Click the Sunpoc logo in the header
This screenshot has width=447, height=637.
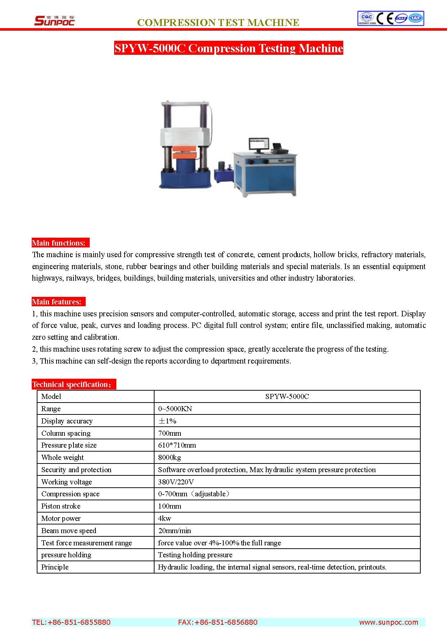(54, 20)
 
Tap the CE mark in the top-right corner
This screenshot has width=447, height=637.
(384, 18)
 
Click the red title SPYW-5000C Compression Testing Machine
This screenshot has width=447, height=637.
(228, 48)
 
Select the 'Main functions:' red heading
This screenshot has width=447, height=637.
(59, 243)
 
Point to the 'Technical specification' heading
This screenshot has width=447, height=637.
(73, 384)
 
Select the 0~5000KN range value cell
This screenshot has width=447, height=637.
(175, 409)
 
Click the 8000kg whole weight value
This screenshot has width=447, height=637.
(169, 457)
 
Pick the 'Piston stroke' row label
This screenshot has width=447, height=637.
(61, 506)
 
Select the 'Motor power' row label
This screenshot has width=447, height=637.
(61, 518)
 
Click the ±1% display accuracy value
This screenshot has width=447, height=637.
(167, 421)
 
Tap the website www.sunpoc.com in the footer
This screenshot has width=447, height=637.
(388, 622)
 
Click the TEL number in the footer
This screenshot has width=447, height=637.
(71, 622)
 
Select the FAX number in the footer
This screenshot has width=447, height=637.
(218, 622)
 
